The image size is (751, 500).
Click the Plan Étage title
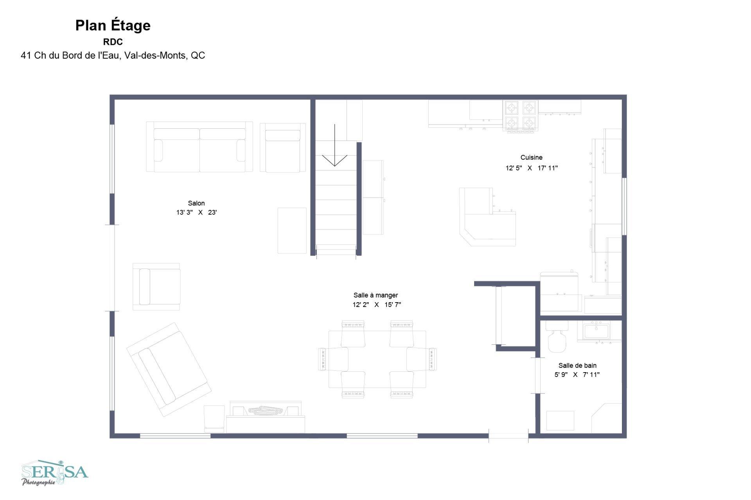click(113, 26)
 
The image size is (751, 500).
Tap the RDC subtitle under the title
click(113, 42)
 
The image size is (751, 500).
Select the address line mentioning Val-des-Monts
click(113, 56)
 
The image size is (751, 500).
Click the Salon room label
click(196, 203)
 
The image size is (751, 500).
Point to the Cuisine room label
click(532, 158)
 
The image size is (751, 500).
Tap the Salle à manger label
click(376, 296)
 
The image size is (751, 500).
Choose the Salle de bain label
click(577, 366)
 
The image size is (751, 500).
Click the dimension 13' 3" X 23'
click(197, 213)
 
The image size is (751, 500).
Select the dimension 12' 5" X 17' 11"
click(532, 168)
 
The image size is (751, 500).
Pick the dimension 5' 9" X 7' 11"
click(577, 375)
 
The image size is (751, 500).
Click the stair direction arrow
click(335, 145)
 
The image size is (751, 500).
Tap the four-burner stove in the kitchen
click(520, 116)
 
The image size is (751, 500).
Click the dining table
click(377, 359)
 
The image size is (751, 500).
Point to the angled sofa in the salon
click(169, 369)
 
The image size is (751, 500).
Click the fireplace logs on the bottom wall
click(266, 410)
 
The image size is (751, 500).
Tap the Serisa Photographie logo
click(55, 473)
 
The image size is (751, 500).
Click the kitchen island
click(487, 217)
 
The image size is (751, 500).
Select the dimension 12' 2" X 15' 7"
click(377, 305)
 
